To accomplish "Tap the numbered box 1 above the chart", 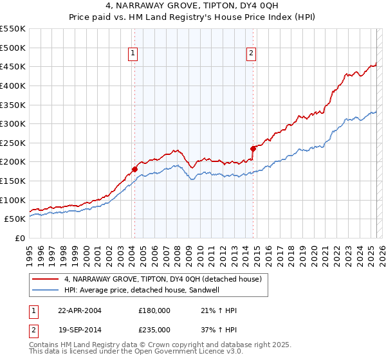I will click(132, 54).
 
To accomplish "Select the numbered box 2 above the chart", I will click(250, 54).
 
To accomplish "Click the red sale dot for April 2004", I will click(134, 169).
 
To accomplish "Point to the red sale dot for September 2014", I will click(253, 148).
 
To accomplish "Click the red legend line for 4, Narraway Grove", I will click(46, 280).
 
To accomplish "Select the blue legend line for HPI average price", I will click(46, 291).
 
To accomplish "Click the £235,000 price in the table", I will click(154, 330).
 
